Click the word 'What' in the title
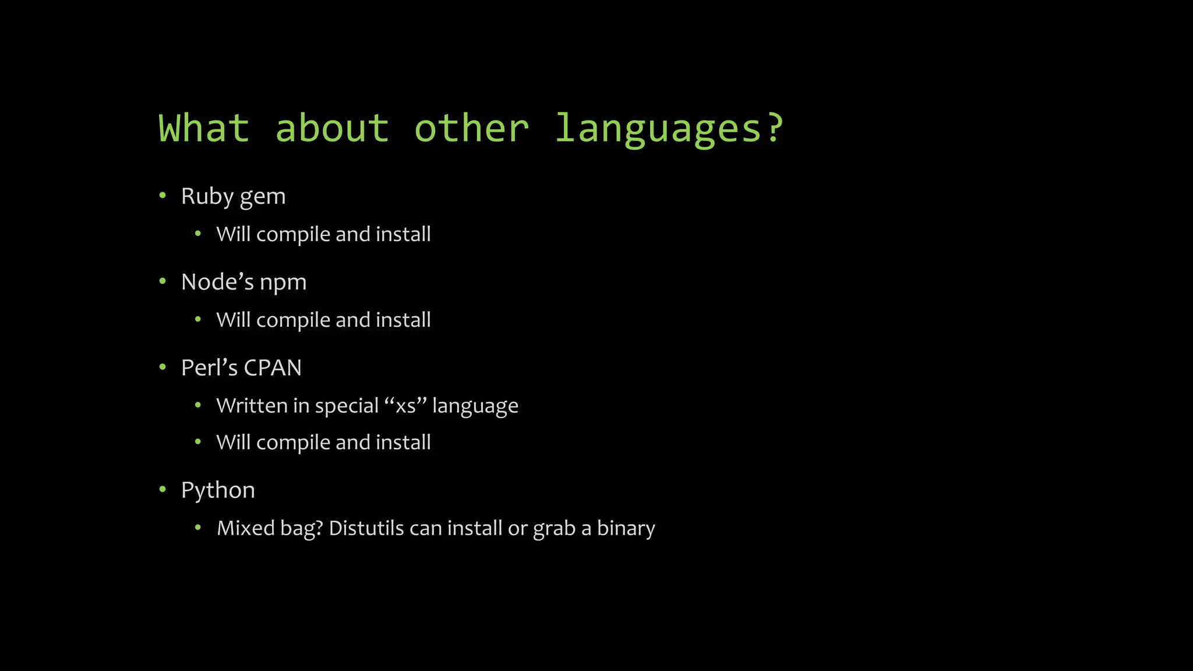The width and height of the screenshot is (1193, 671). click(x=204, y=128)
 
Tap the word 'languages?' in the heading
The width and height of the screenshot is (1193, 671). click(x=669, y=129)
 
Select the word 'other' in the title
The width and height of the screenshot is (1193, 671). click(x=471, y=128)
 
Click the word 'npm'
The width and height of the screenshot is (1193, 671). click(x=283, y=283)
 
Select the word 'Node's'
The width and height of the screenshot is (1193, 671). click(x=218, y=282)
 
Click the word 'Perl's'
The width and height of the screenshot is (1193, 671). click(x=209, y=368)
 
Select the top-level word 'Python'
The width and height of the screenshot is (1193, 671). click(x=218, y=491)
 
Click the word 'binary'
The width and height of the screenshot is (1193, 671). click(x=626, y=529)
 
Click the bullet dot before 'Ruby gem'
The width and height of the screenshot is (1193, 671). click(x=163, y=196)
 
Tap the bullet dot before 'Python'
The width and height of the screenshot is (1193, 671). click(x=163, y=490)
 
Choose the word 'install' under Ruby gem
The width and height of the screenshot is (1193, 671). click(x=403, y=234)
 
